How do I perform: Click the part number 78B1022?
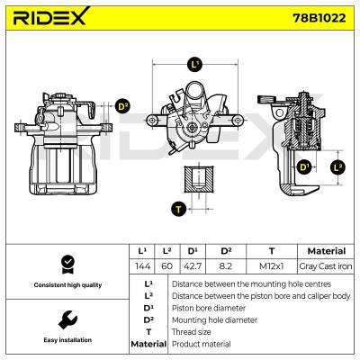click(x=319, y=18)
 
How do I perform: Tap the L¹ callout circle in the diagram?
click(x=194, y=65)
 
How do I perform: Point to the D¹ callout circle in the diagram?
click(x=304, y=166)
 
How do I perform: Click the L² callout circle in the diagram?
click(x=338, y=167)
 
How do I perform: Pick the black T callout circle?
click(x=179, y=209)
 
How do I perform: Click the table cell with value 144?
click(x=142, y=266)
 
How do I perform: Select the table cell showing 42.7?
click(x=193, y=266)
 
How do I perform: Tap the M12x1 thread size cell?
click(x=272, y=266)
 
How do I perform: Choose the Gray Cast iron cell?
click(x=326, y=266)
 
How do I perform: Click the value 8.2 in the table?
click(x=226, y=266)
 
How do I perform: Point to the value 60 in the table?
click(x=167, y=266)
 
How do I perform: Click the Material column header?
click(x=327, y=251)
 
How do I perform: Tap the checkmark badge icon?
click(x=67, y=265)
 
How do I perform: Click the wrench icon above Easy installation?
click(x=67, y=320)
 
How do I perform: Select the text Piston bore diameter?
click(x=209, y=308)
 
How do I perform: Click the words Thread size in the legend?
click(x=192, y=332)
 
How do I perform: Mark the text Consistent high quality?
click(x=67, y=285)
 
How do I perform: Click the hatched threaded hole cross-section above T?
click(x=199, y=178)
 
